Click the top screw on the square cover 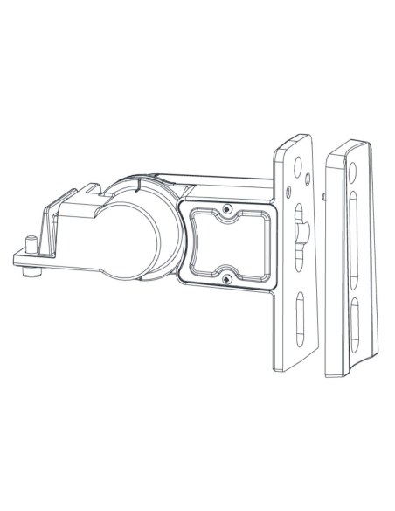227,210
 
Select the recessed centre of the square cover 226,244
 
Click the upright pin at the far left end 29,241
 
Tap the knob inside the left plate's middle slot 302,233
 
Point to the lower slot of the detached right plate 356,320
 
